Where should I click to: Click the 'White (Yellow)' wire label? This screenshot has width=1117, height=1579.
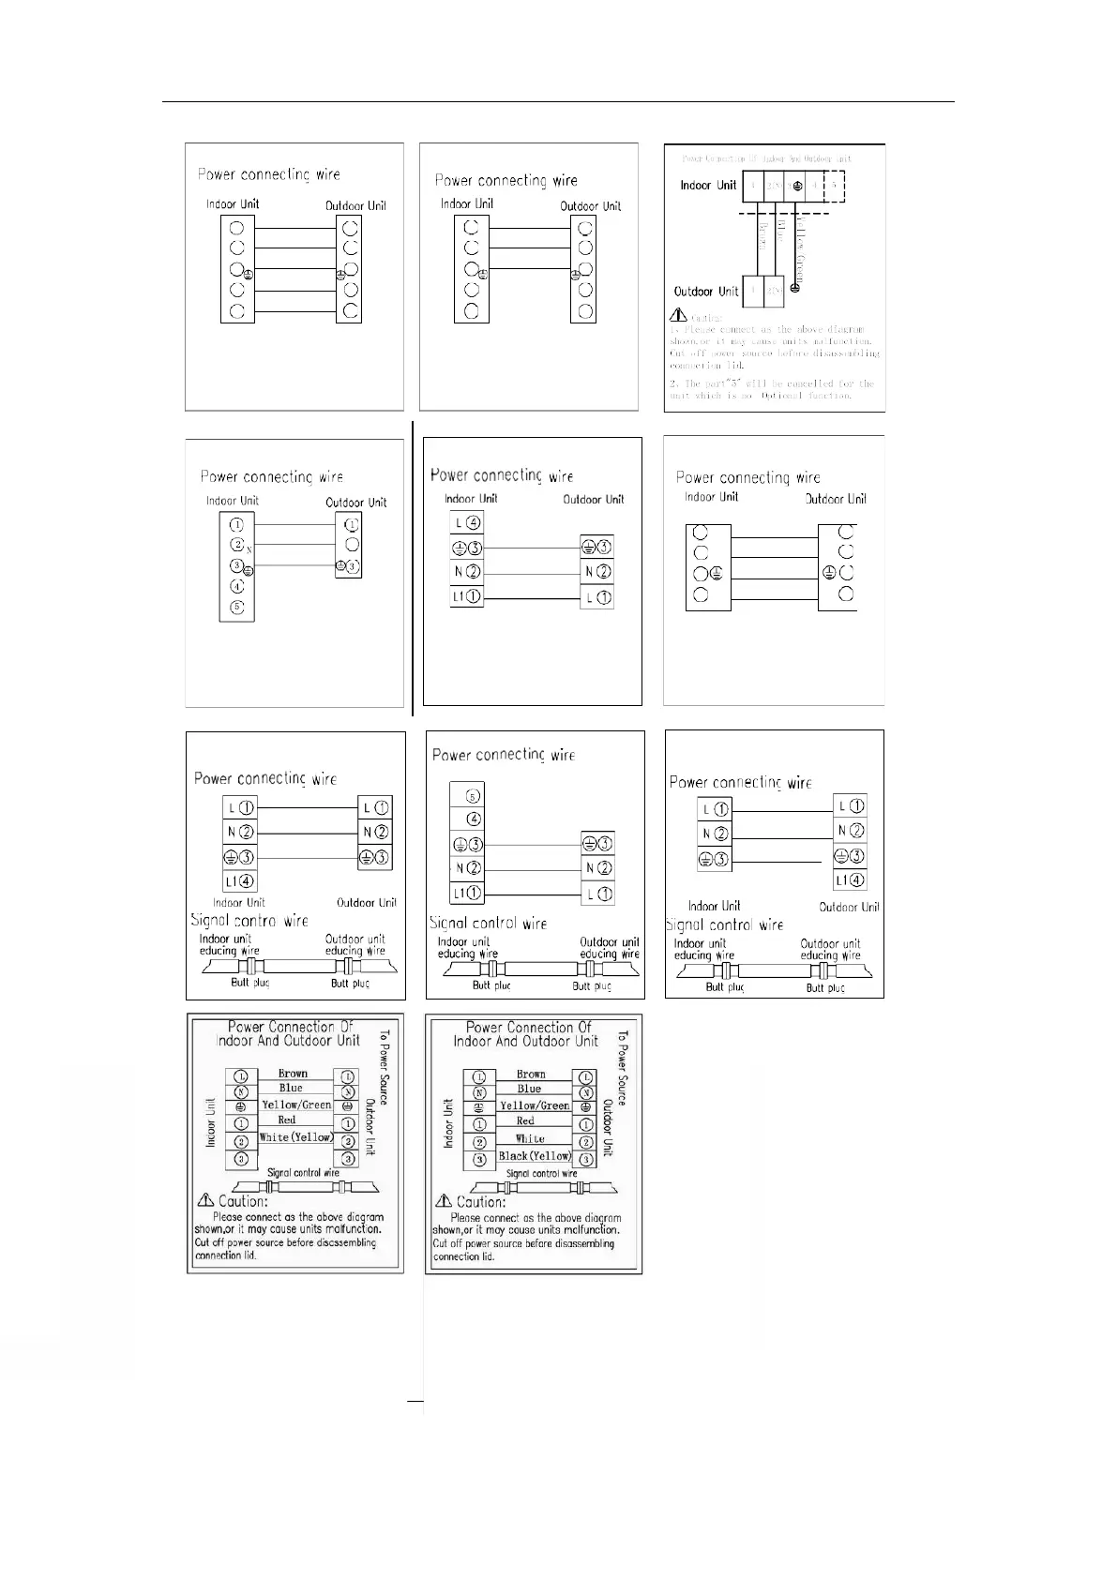point(296,1137)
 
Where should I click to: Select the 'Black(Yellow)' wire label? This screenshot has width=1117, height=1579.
point(535,1156)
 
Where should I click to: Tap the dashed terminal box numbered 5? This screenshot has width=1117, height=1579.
point(834,186)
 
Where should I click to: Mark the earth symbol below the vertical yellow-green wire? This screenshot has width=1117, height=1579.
point(795,287)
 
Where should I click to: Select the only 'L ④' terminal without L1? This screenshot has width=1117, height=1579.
point(466,522)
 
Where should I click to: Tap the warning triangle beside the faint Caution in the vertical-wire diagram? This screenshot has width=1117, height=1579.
point(678,317)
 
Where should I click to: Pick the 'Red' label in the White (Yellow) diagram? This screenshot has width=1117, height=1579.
point(287,1120)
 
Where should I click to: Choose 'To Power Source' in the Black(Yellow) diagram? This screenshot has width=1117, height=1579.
point(623,1069)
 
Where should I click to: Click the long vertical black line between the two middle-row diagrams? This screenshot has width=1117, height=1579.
point(413,567)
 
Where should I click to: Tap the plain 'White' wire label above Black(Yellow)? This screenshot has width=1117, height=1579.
point(530,1138)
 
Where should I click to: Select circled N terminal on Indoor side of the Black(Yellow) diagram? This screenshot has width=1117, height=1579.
point(479,1092)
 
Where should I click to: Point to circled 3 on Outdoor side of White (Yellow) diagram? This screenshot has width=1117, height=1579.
point(348,1159)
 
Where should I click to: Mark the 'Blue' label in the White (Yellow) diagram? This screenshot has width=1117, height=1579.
point(291,1088)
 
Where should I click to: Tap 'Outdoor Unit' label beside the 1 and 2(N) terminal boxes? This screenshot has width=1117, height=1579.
point(706,291)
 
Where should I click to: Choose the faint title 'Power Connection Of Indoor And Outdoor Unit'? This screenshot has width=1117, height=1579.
point(767,158)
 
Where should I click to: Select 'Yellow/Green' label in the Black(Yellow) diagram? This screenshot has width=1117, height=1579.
point(535,1105)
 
